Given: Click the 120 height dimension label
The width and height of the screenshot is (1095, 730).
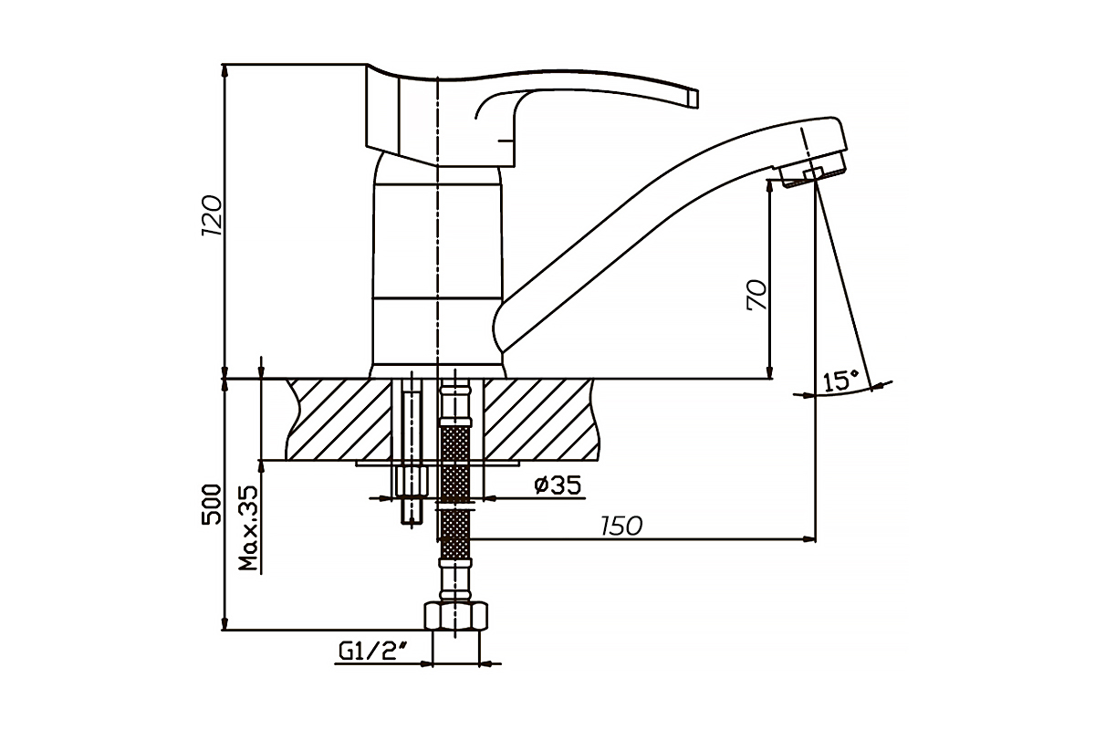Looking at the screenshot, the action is [x=212, y=215].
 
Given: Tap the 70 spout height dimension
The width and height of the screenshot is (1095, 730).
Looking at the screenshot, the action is [x=757, y=295].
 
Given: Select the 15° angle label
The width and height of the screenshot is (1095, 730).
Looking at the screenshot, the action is [x=840, y=381].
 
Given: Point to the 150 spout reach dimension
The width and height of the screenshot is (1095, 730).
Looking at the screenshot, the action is [x=621, y=527].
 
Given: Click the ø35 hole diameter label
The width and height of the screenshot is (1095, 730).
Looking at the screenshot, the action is [x=558, y=485].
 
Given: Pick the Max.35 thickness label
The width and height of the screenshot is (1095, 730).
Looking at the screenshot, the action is [x=248, y=528].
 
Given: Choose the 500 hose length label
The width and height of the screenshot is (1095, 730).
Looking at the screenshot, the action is [x=211, y=505].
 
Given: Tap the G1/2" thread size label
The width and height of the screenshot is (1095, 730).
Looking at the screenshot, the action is [x=374, y=652].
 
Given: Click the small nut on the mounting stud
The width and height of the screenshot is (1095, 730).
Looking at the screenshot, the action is [x=412, y=481].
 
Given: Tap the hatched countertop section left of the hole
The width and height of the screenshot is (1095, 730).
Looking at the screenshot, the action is [x=339, y=419].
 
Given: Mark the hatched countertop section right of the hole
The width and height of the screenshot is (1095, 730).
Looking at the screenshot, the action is [x=541, y=419].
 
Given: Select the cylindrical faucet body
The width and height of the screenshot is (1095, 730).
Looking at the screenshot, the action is [x=437, y=265].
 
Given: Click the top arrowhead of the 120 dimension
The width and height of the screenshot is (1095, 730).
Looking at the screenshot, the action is [x=224, y=71].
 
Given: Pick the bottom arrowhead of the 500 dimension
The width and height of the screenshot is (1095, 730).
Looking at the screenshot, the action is [x=224, y=623].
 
